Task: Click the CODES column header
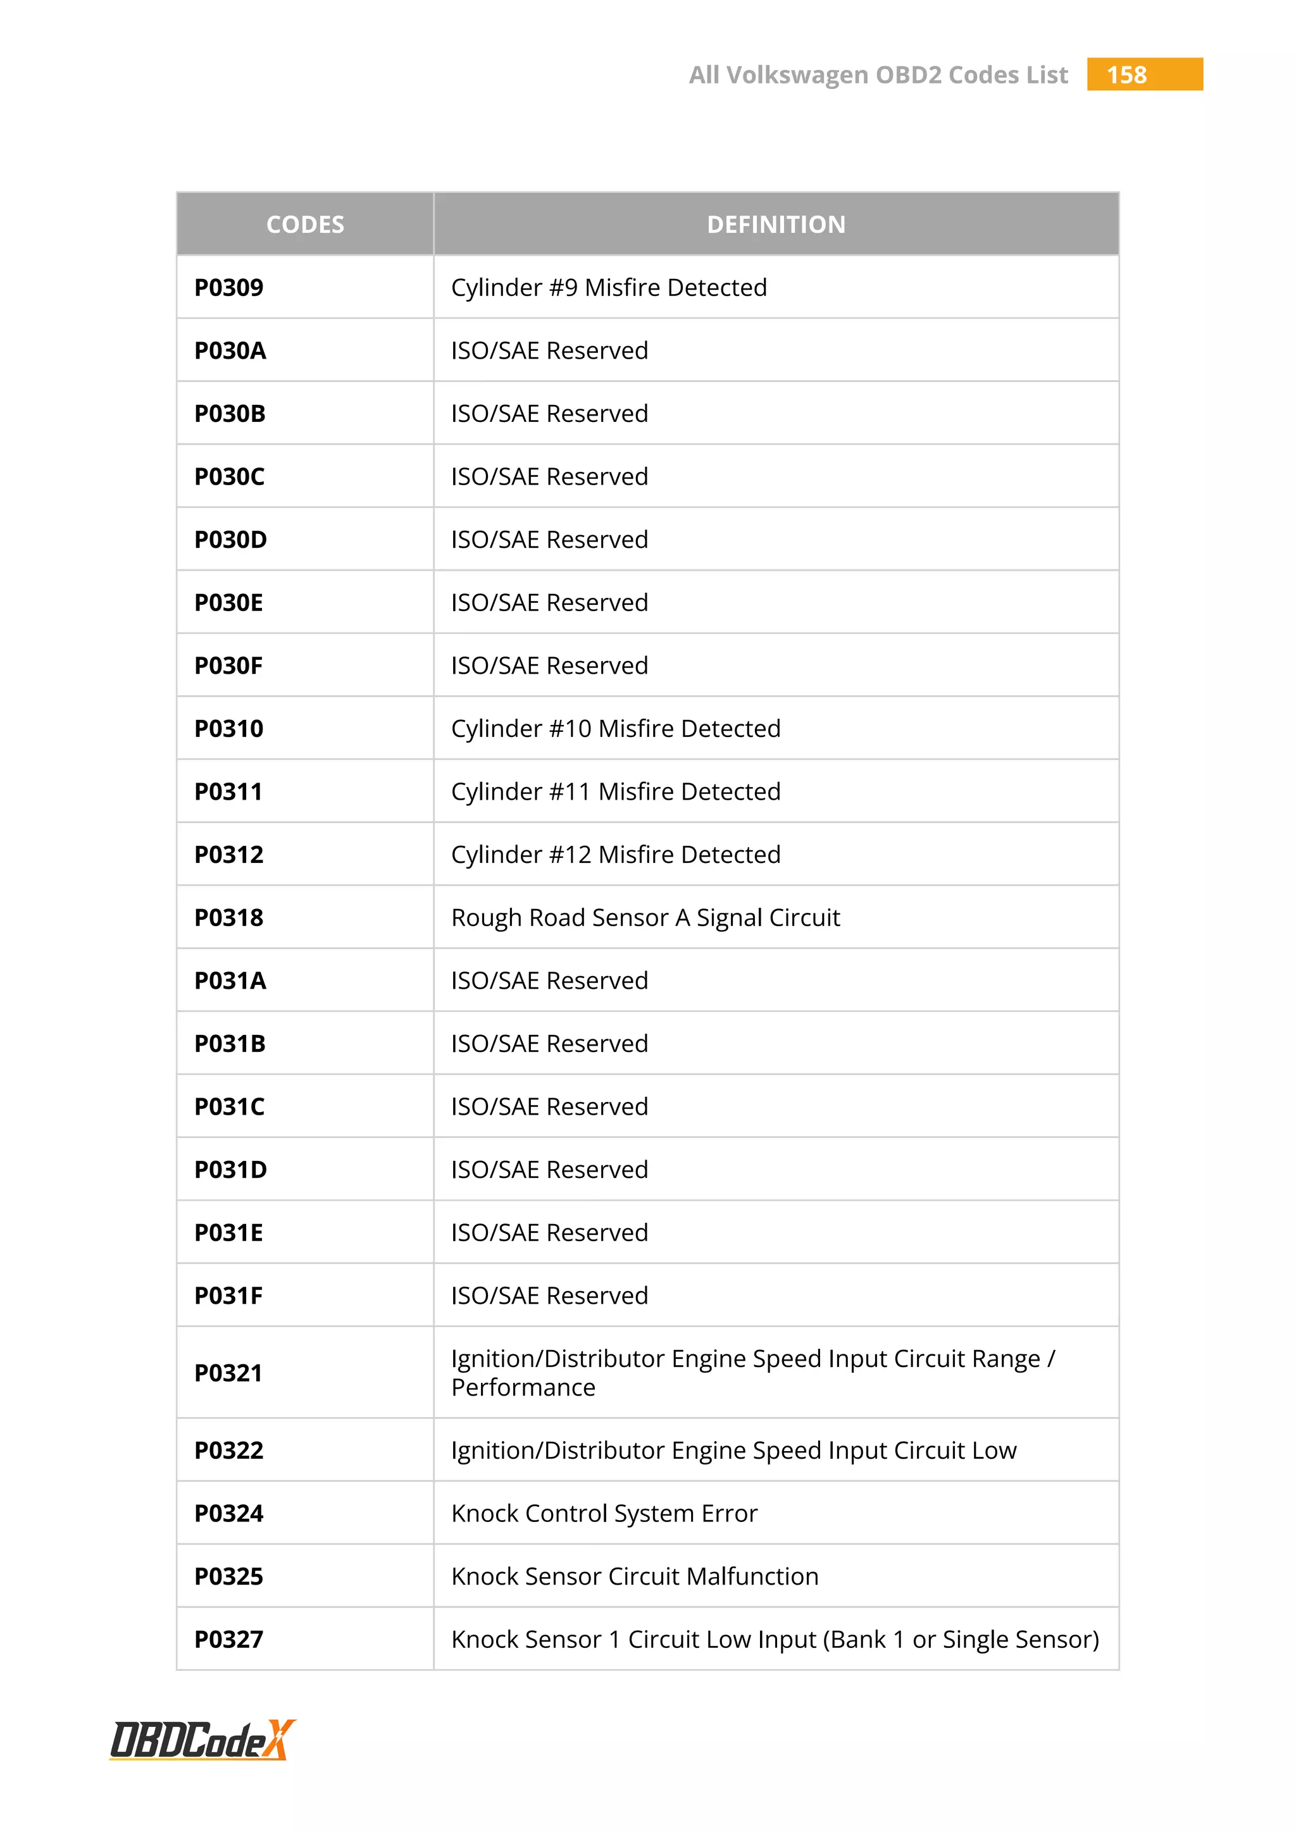point(305,224)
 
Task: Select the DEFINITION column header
point(776,224)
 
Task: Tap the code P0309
point(229,287)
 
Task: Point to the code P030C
point(230,476)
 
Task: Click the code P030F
point(229,665)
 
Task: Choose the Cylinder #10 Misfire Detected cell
point(615,729)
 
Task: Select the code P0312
point(229,855)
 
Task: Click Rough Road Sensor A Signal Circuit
point(645,918)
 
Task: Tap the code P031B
point(230,1044)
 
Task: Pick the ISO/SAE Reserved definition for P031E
point(549,1233)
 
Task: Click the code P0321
point(229,1373)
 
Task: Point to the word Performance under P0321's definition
point(523,1387)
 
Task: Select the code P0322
point(229,1451)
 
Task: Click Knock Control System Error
point(604,1514)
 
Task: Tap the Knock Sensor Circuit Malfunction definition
point(635,1576)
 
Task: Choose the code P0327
point(229,1640)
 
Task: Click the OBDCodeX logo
point(202,1740)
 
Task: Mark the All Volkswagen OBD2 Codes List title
point(878,75)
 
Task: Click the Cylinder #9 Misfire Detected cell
point(609,287)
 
